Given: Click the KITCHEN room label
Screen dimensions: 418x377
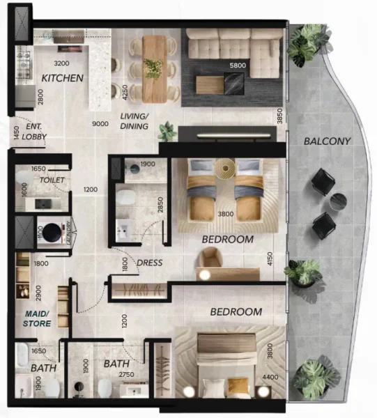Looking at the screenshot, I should coord(63,78).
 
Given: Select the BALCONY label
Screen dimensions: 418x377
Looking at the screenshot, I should coord(327,141).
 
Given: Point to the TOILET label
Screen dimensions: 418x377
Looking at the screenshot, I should coord(52,179).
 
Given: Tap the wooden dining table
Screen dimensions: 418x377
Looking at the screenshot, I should coord(154,67).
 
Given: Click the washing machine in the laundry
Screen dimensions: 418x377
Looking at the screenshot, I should coord(49,231).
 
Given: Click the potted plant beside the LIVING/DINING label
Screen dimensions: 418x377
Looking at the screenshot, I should coord(166,130).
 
